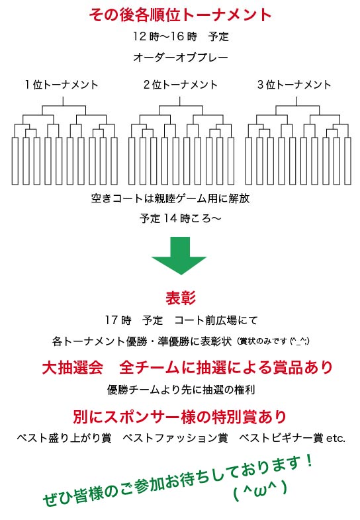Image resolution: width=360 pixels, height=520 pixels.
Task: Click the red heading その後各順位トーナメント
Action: click(x=180, y=15)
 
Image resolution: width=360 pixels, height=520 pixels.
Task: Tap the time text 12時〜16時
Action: click(x=165, y=36)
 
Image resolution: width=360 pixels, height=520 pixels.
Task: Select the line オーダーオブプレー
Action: click(x=181, y=58)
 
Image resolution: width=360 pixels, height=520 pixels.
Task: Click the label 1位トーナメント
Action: click(x=62, y=85)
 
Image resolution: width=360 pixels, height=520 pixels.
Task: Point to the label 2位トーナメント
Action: click(x=180, y=85)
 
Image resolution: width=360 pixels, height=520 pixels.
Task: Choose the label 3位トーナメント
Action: click(x=294, y=85)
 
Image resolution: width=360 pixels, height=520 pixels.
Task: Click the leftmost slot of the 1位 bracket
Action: click(x=15, y=161)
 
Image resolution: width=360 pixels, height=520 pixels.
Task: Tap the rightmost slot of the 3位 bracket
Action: click(x=347, y=161)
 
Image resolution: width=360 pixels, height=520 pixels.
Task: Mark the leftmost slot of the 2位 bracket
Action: click(x=132, y=161)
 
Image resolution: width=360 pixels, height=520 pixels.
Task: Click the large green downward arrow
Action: click(x=179, y=255)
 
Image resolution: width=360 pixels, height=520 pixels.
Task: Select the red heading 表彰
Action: click(x=181, y=298)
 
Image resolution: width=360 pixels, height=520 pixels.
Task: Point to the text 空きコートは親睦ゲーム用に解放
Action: click(x=170, y=198)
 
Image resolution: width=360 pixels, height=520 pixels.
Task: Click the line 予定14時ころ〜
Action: click(x=180, y=218)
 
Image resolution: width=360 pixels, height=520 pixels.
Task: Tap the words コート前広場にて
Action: click(x=216, y=320)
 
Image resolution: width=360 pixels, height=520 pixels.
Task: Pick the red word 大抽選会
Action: click(x=73, y=367)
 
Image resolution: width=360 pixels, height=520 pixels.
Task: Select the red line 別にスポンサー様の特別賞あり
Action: click(x=179, y=417)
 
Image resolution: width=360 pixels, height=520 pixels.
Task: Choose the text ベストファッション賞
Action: click(x=175, y=438)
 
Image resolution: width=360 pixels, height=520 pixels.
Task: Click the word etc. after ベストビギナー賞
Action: click(x=336, y=439)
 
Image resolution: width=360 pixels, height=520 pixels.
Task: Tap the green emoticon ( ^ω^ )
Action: click(x=260, y=490)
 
